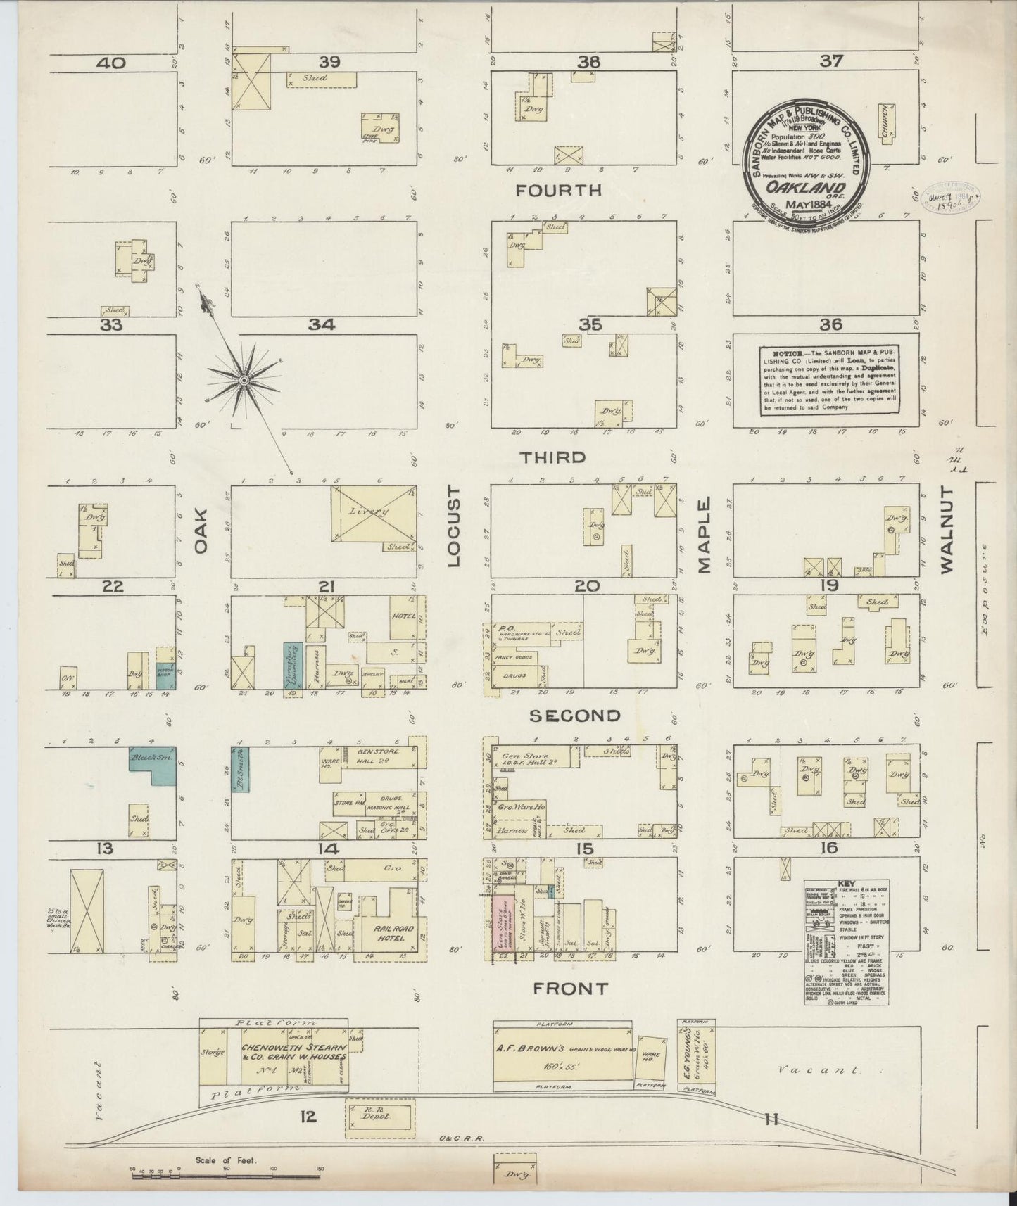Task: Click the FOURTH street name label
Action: (x=559, y=190)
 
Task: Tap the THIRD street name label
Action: (x=552, y=457)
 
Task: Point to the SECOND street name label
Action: (x=575, y=716)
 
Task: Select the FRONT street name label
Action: (x=570, y=989)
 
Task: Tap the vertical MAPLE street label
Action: (x=705, y=535)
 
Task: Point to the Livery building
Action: (x=373, y=514)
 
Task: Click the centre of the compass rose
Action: (x=244, y=380)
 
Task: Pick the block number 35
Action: (x=590, y=325)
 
